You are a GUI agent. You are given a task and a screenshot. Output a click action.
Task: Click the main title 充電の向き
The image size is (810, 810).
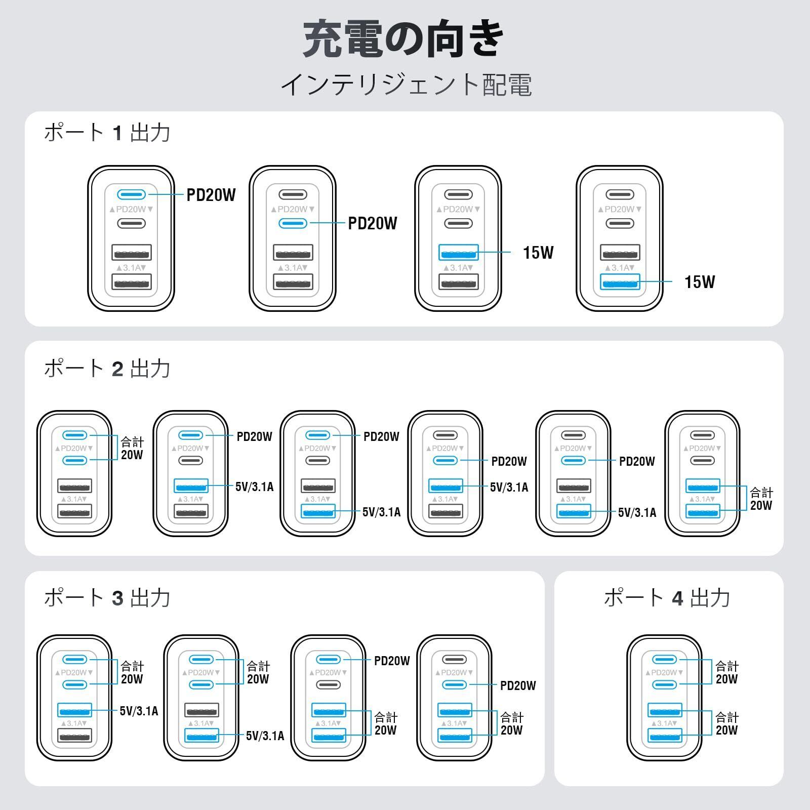click(x=404, y=39)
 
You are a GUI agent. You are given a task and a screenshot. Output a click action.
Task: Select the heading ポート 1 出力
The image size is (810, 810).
click(x=107, y=133)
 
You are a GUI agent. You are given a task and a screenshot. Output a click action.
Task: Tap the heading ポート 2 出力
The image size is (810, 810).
click(x=107, y=368)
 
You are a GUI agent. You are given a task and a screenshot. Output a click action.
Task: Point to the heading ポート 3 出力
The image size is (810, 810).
click(x=107, y=597)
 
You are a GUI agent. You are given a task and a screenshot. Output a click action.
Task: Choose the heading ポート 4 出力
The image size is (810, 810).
click(x=667, y=597)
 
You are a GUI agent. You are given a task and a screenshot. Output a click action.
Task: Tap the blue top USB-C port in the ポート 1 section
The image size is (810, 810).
click(x=132, y=194)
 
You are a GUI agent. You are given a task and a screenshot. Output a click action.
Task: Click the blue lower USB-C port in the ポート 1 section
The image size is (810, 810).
click(x=293, y=223)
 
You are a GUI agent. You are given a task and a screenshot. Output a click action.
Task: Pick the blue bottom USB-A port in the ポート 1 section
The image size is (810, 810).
click(x=620, y=281)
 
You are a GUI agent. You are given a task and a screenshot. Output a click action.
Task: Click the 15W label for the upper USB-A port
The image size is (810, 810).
click(x=538, y=252)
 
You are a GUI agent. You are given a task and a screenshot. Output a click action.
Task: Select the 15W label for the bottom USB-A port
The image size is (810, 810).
click(x=700, y=282)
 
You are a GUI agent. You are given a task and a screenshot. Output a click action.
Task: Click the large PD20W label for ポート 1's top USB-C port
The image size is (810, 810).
click(x=211, y=195)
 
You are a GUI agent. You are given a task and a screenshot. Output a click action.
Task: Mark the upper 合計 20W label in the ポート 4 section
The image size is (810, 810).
click(x=726, y=672)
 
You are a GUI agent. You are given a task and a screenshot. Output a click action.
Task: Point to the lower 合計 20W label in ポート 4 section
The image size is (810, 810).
click(x=726, y=723)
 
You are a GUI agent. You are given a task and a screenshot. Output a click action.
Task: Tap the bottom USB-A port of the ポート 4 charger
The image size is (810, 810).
click(x=665, y=736)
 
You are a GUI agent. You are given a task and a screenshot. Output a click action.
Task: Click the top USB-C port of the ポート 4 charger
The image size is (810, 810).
click(x=665, y=659)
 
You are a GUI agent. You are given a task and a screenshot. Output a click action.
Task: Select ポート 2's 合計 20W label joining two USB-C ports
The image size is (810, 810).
click(x=132, y=448)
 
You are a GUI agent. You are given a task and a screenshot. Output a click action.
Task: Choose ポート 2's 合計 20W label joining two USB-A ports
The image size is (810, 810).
click(x=761, y=499)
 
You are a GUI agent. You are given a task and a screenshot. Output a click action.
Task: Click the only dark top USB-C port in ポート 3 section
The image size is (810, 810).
click(x=455, y=659)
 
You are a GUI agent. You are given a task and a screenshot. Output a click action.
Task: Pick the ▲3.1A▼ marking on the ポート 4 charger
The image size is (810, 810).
click(x=665, y=723)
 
